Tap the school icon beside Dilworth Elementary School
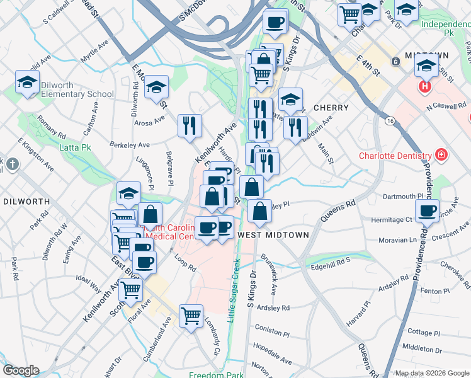pyautogui.click(x=28, y=82)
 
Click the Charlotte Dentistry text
pyautogui.click(x=395, y=156)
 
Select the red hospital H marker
pyautogui.click(x=426, y=86)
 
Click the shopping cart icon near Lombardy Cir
pyautogui.click(x=191, y=316)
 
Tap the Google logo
pyautogui.click(x=20, y=370)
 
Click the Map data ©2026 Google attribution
pyautogui.click(x=431, y=374)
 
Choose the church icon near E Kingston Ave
pyautogui.click(x=11, y=165)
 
